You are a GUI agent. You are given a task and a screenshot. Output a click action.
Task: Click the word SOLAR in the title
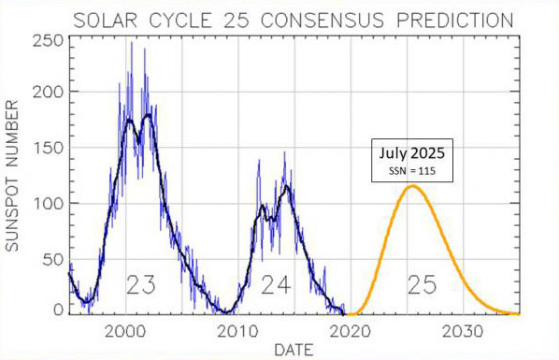coord(106,20)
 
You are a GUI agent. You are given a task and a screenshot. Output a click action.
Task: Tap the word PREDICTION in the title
coord(455,20)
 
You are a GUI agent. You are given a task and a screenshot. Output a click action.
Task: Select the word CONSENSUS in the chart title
coord(322,20)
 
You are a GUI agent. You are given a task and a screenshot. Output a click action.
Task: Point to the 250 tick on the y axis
coord(48,41)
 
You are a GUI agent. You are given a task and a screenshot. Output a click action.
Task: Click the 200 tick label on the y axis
coord(48,92)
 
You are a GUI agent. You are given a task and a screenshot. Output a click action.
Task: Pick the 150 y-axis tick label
coord(48,148)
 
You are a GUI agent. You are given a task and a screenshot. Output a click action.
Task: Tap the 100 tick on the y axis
coord(48,204)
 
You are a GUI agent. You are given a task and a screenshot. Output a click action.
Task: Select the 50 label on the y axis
coord(53,260)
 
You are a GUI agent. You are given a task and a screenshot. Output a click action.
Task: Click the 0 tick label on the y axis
coord(59,310)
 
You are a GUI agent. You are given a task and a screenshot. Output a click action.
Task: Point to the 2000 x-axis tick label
coord(125,332)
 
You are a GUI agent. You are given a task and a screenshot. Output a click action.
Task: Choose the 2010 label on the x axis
coord(237,332)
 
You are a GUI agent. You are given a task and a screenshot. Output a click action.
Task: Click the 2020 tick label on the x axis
coord(351,332)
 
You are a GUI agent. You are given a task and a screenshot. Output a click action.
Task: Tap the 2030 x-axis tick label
coord(463,332)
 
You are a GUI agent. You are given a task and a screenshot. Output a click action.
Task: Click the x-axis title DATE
coord(294,350)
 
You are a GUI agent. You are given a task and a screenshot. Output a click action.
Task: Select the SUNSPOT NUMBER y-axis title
coord(12,176)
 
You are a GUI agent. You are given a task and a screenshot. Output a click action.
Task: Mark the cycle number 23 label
coord(141,285)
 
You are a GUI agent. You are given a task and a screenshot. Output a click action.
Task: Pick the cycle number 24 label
coord(276,285)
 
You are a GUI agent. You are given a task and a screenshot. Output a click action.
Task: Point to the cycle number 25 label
coord(423,285)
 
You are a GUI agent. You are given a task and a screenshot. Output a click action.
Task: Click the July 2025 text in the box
coord(411,153)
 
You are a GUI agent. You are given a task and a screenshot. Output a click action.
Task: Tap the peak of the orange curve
coord(413,185)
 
